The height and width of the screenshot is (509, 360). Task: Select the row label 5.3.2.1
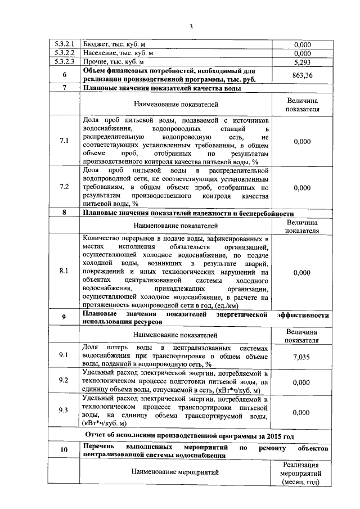(64, 44)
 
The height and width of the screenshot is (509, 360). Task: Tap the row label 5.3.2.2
(64, 53)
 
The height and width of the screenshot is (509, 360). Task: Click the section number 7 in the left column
(64, 88)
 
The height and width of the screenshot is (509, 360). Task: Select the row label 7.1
(64, 141)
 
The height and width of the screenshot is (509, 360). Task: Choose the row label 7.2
(64, 187)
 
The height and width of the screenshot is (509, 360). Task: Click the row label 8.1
(64, 271)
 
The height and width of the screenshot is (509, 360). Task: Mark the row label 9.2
(64, 381)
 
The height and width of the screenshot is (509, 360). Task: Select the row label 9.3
(64, 410)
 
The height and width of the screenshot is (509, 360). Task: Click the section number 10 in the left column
(64, 451)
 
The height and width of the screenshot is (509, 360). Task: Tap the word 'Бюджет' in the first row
(95, 44)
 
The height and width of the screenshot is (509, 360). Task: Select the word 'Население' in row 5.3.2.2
(99, 53)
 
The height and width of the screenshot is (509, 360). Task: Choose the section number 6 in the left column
(64, 75)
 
